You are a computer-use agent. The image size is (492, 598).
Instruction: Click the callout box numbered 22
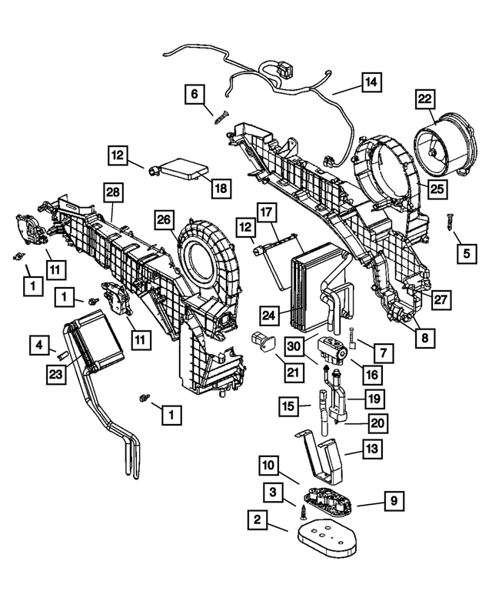tap(425, 99)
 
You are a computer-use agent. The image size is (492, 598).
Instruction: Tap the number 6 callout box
tap(194, 95)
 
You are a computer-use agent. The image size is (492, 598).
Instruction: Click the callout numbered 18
tap(221, 188)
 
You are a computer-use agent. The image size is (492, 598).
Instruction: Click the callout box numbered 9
tap(392, 502)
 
